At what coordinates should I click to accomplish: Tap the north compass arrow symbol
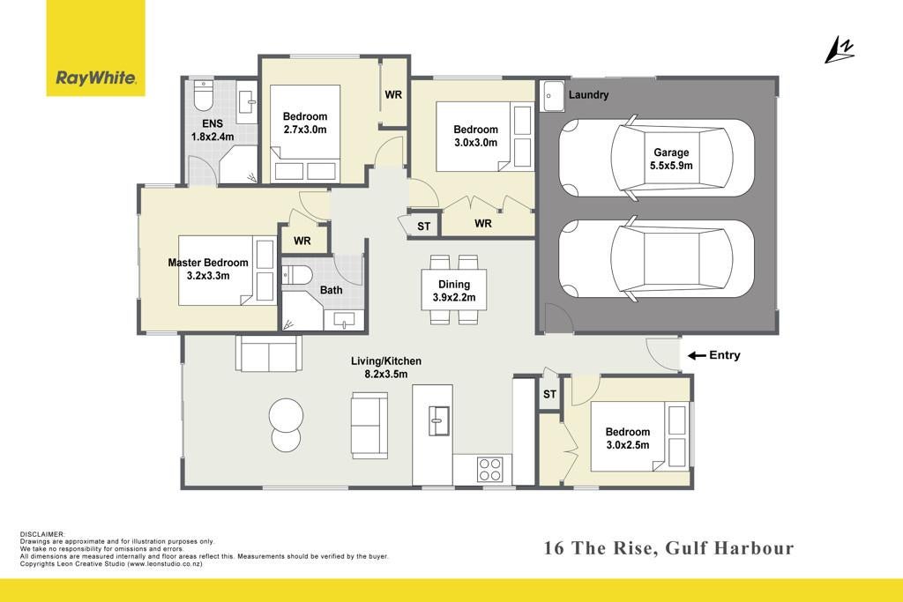click(x=839, y=49)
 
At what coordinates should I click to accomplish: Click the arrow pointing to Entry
click(x=697, y=356)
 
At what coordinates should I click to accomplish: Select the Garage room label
click(x=671, y=159)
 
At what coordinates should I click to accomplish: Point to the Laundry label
click(x=588, y=95)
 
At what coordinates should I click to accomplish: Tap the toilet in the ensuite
click(x=204, y=95)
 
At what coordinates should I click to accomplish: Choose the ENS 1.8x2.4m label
click(x=213, y=130)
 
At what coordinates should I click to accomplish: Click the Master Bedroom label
click(x=208, y=269)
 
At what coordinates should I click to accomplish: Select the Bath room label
click(x=332, y=290)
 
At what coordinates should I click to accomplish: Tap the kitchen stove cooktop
click(x=490, y=469)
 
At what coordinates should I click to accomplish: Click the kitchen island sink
click(x=439, y=420)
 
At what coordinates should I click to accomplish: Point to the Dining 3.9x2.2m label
click(x=454, y=291)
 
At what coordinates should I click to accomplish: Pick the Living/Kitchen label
click(x=386, y=368)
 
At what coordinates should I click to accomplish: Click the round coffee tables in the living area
click(x=287, y=425)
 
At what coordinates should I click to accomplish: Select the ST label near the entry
click(x=549, y=394)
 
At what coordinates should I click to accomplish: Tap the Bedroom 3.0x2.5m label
click(x=628, y=438)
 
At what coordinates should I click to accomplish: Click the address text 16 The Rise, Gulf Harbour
click(x=668, y=548)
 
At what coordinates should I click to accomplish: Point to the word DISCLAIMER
click(x=42, y=535)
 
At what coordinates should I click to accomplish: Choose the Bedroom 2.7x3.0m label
click(x=305, y=123)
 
